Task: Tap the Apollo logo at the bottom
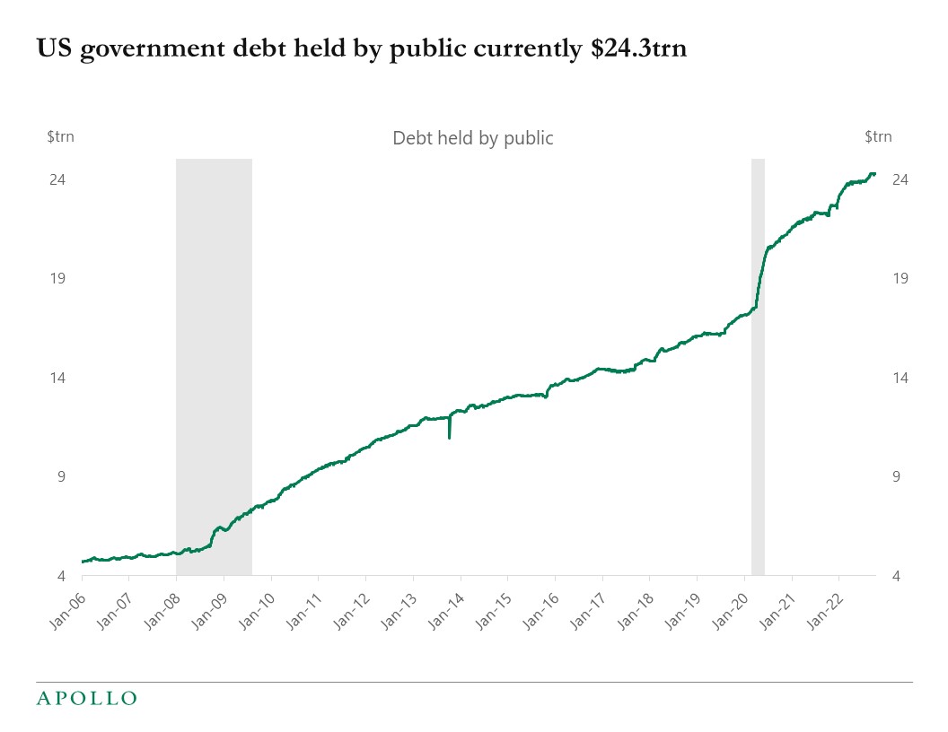[86, 698]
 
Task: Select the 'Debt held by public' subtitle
[473, 138]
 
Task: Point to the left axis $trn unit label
[62, 137]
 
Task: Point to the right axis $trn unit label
[878, 137]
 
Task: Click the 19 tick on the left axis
[58, 278]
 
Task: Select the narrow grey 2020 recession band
[758, 359]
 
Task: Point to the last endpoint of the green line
[874, 174]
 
